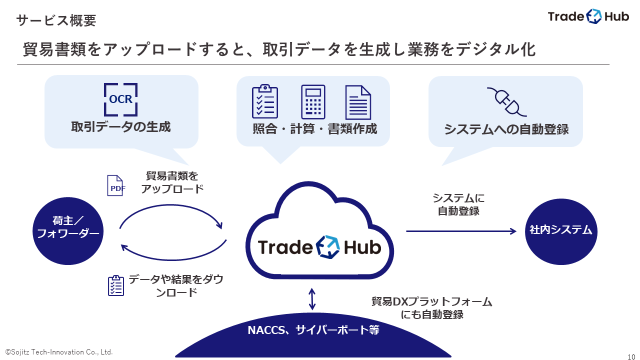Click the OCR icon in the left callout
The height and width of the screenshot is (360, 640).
(x=121, y=99)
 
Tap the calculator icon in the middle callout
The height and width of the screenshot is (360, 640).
(x=313, y=102)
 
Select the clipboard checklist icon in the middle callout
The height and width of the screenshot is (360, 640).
(x=265, y=102)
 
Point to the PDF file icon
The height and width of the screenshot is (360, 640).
(x=115, y=185)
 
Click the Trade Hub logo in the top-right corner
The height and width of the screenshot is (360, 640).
(x=588, y=16)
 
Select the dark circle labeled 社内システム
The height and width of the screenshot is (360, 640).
(x=560, y=230)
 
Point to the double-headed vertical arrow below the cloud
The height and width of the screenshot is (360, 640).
(x=312, y=299)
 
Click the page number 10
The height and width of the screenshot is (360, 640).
(x=631, y=356)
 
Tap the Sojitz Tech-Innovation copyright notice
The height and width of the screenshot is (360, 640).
(x=59, y=352)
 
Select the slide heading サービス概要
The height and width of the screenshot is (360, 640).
(x=56, y=20)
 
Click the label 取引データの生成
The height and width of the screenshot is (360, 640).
(x=121, y=127)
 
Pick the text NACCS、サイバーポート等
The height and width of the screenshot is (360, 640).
(x=313, y=330)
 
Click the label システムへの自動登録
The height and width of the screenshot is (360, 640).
(x=506, y=129)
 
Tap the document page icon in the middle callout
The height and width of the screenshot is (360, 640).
(x=358, y=102)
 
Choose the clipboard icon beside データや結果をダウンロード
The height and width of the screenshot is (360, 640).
(x=116, y=285)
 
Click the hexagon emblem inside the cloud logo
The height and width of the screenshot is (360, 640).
(x=327, y=246)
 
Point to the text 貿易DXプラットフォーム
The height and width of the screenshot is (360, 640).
(x=432, y=302)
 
